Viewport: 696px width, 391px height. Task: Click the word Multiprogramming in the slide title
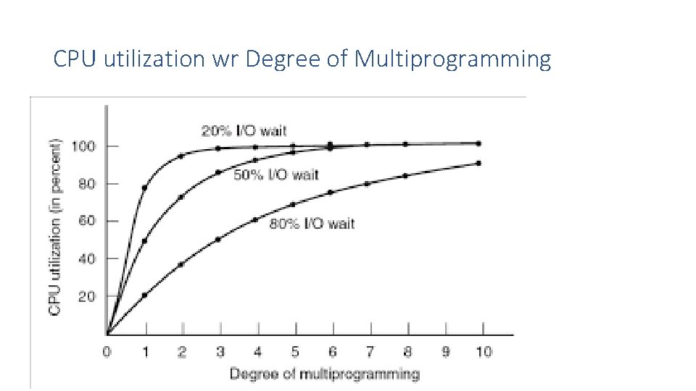pyautogui.click(x=452, y=59)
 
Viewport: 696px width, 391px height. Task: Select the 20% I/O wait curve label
pyautogui.click(x=244, y=131)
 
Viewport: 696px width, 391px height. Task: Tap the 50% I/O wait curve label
pyautogui.click(x=276, y=175)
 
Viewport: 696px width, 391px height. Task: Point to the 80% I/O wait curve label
pyautogui.click(x=312, y=224)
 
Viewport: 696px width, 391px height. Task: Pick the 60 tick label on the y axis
pyautogui.click(x=86, y=221)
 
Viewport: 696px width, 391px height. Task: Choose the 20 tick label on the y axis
pyautogui.click(x=86, y=295)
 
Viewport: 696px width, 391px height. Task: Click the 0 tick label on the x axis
pyautogui.click(x=107, y=352)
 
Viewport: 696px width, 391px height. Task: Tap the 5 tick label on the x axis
pyautogui.click(x=294, y=352)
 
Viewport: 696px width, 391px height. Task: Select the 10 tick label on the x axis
pyautogui.click(x=484, y=352)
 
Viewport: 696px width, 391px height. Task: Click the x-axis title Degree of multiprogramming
pyautogui.click(x=324, y=374)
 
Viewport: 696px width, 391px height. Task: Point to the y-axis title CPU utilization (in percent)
pyautogui.click(x=55, y=227)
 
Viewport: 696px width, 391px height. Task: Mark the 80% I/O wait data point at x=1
pyautogui.click(x=144, y=295)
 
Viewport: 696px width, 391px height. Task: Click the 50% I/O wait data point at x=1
pyautogui.click(x=144, y=241)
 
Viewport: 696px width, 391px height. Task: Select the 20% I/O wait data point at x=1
pyautogui.click(x=144, y=188)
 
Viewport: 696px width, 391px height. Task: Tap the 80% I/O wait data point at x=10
pyautogui.click(x=478, y=163)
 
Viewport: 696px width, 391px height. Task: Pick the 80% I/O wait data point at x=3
pyautogui.click(x=218, y=239)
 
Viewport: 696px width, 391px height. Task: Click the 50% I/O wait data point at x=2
pyautogui.click(x=181, y=197)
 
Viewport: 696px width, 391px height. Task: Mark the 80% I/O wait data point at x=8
pyautogui.click(x=405, y=175)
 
